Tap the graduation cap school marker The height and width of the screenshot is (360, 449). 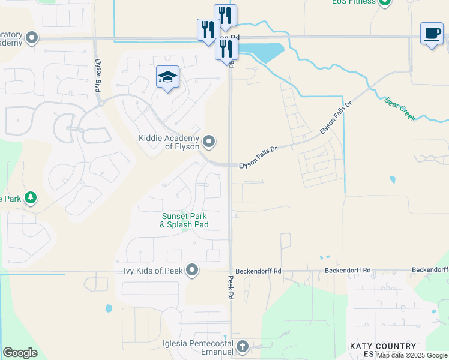click(168, 77)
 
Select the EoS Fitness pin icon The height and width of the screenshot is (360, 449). click(385, 2)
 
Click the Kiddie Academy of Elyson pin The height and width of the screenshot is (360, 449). click(209, 142)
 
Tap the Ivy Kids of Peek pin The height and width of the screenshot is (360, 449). click(192, 271)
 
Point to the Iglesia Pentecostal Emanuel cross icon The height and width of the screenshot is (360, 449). click(242, 346)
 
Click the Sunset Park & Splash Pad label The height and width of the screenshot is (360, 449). click(184, 220)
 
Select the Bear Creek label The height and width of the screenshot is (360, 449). click(400, 107)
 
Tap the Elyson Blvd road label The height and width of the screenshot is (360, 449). click(97, 75)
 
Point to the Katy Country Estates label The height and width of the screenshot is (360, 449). click(383, 349)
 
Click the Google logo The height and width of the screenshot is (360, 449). click(20, 353)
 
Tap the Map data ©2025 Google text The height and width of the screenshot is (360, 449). click(412, 355)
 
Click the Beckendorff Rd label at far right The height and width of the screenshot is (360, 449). click(348, 271)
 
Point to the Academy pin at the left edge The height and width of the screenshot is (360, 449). click(32, 39)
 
